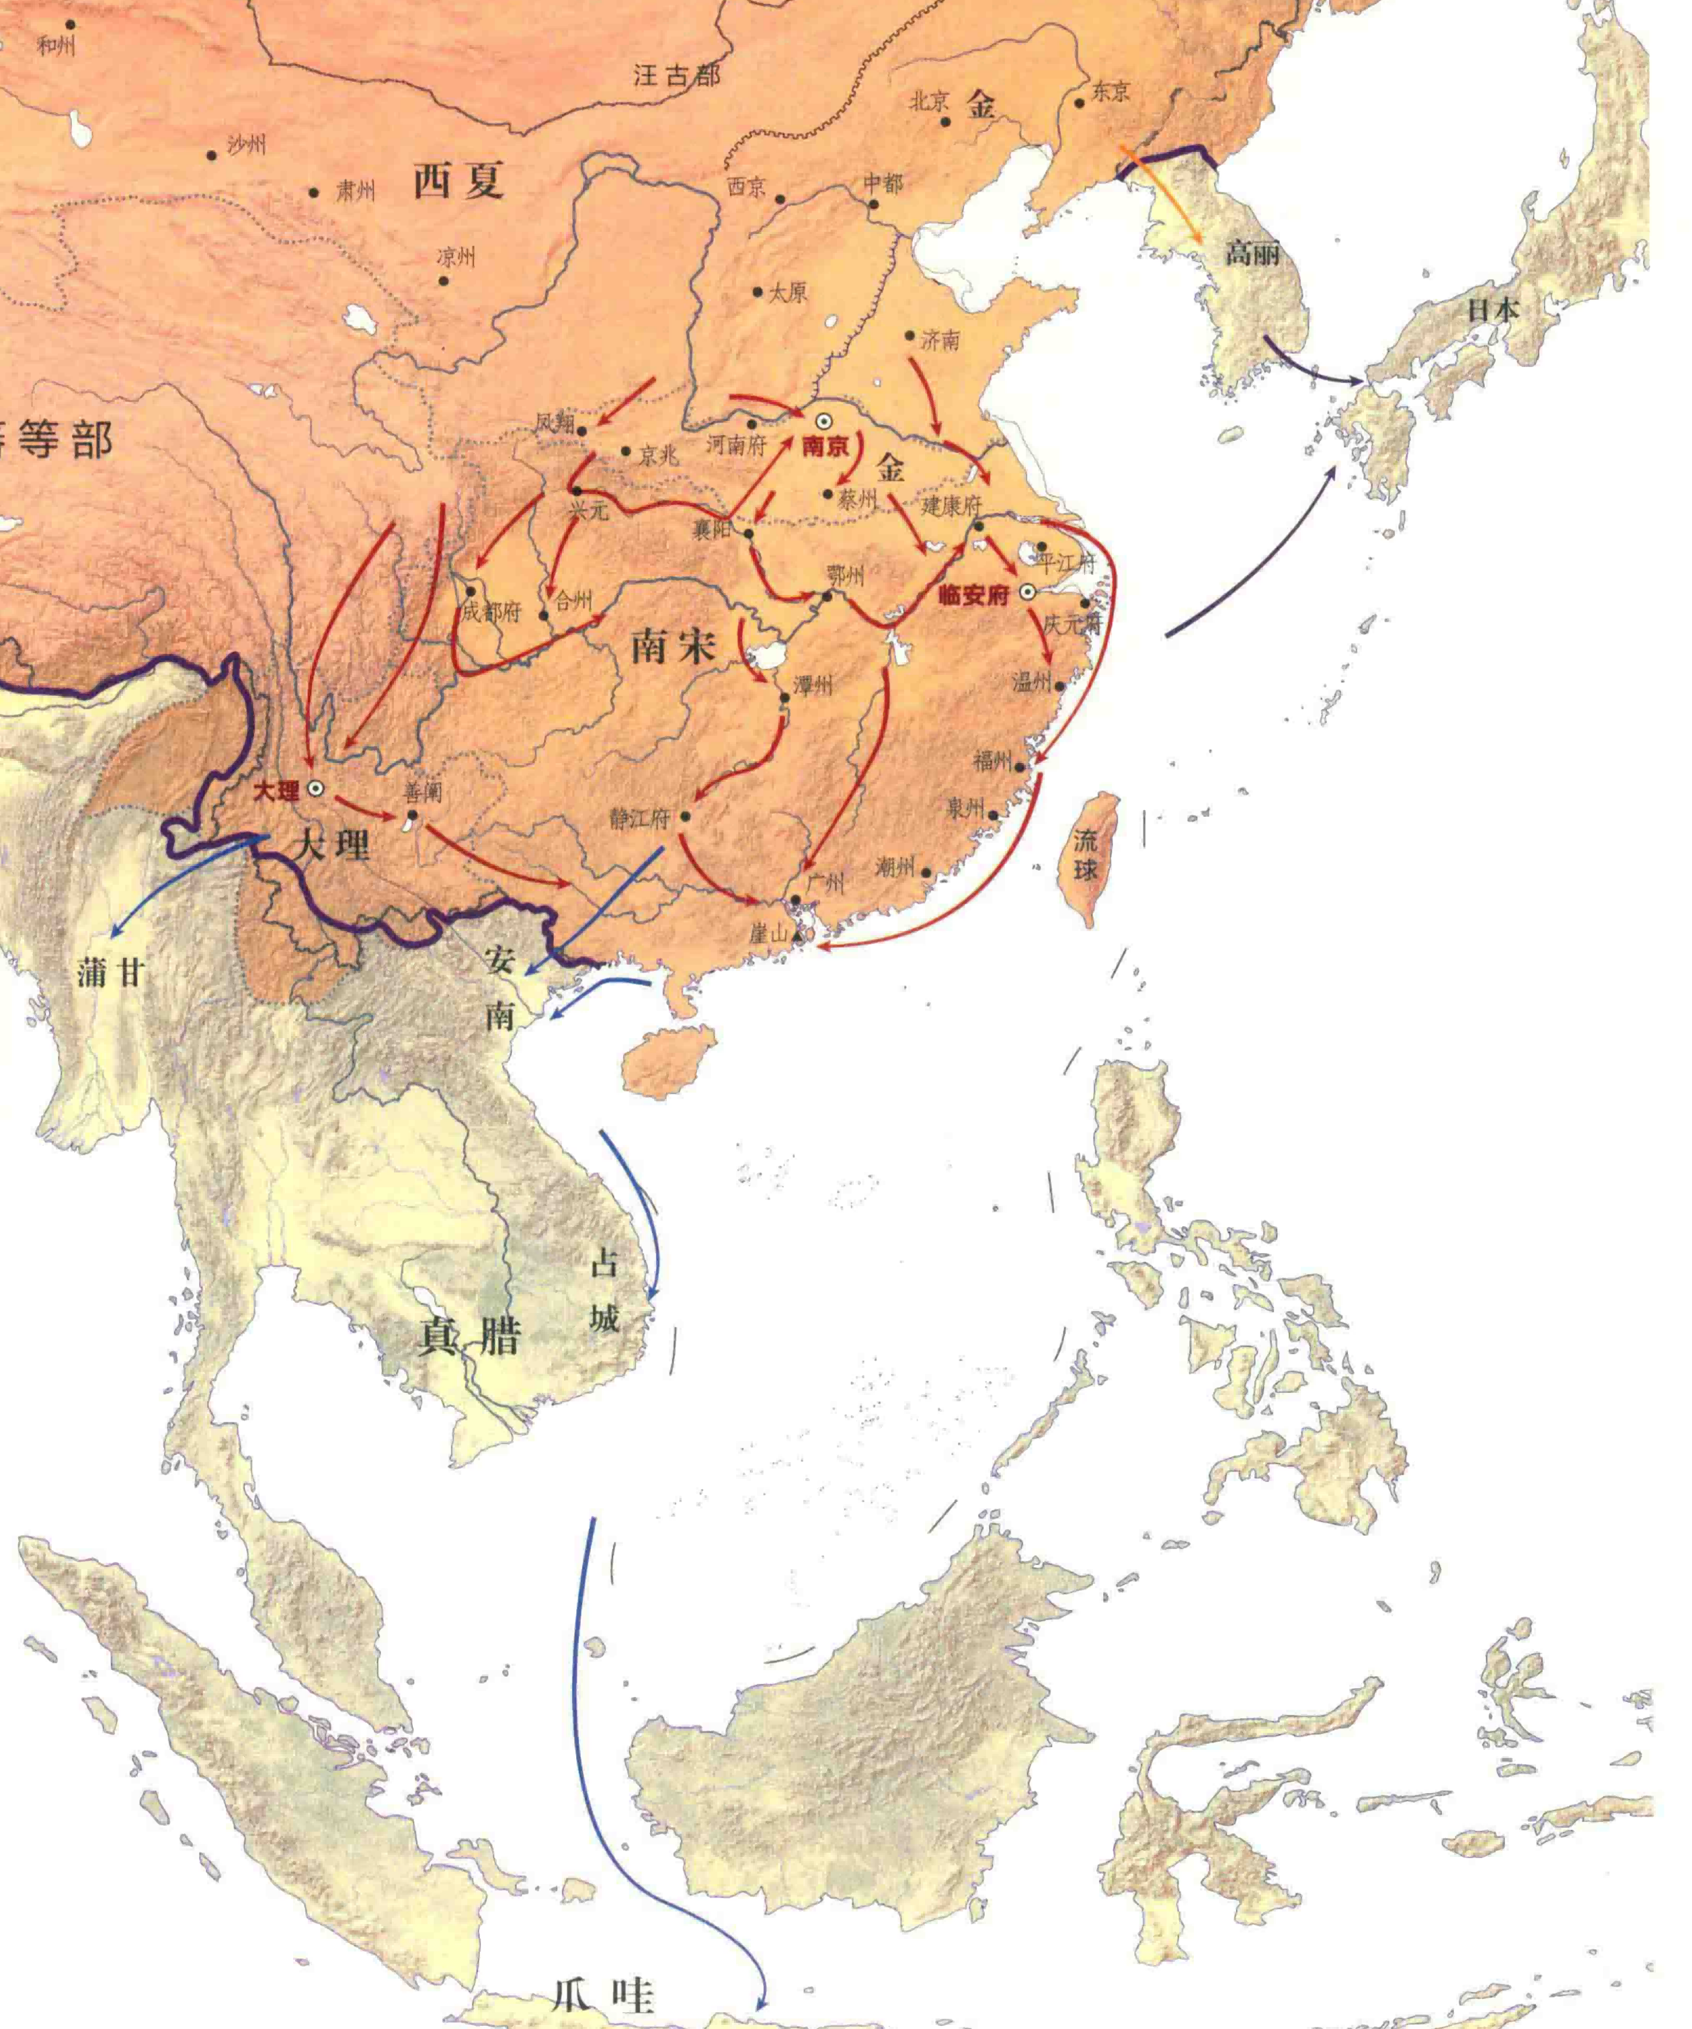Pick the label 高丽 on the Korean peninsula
[1252, 253]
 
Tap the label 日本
[1493, 310]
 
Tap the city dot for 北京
[946, 122]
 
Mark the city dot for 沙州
[212, 155]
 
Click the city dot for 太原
[758, 292]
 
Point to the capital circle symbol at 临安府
[1027, 592]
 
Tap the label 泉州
[965, 807]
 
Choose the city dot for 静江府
[685, 816]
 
